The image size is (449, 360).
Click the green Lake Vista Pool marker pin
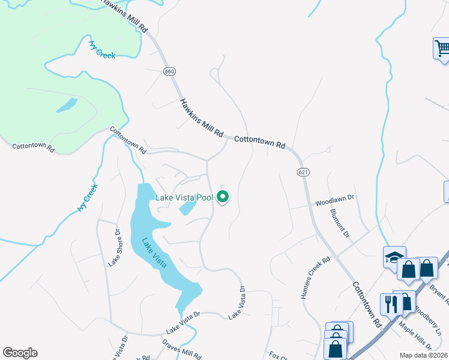pyautogui.click(x=223, y=196)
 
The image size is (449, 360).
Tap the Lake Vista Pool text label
pyautogui.click(x=184, y=197)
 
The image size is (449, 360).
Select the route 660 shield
pyautogui.click(x=169, y=71)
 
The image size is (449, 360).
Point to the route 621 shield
pyautogui.click(x=303, y=172)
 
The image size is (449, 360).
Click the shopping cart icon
pyautogui.click(x=442, y=48)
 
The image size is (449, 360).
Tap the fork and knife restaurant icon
pyautogui.click(x=389, y=304)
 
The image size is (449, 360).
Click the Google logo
pyautogui.click(x=20, y=353)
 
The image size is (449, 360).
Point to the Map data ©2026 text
pyautogui.click(x=423, y=355)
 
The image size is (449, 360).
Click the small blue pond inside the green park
pyautogui.click(x=67, y=106)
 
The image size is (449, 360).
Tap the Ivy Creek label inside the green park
pyautogui.click(x=102, y=49)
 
